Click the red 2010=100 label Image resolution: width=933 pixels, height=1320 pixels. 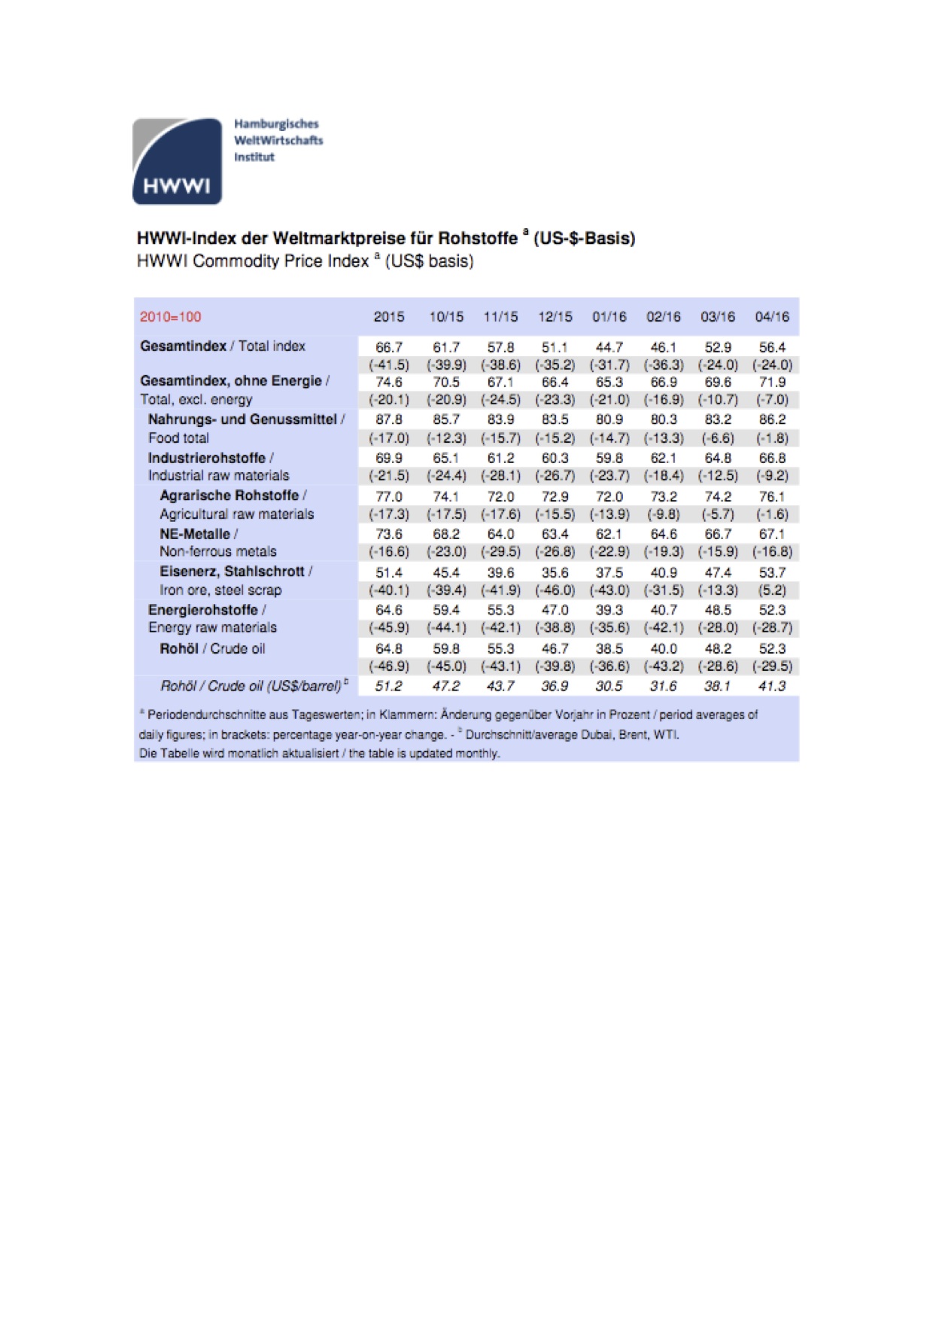171,317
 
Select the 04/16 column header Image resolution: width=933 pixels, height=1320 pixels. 772,317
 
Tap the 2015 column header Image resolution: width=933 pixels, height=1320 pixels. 389,317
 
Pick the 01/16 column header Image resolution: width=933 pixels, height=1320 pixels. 609,317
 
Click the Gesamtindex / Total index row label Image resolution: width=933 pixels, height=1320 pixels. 223,346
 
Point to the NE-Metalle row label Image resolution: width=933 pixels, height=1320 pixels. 198,534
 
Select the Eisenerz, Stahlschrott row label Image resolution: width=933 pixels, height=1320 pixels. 236,572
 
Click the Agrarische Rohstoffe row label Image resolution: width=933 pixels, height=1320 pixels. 232,495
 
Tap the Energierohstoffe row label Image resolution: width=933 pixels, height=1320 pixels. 206,610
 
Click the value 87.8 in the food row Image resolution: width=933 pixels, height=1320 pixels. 389,419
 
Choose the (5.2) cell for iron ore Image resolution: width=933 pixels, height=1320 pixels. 772,590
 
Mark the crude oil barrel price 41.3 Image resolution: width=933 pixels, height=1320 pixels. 772,686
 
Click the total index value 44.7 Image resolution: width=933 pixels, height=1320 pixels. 609,347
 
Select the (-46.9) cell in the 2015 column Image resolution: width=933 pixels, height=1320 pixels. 389,666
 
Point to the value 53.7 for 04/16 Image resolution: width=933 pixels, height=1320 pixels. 772,573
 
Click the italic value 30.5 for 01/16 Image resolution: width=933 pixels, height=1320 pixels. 609,686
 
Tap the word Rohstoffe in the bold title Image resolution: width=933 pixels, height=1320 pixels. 478,239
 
